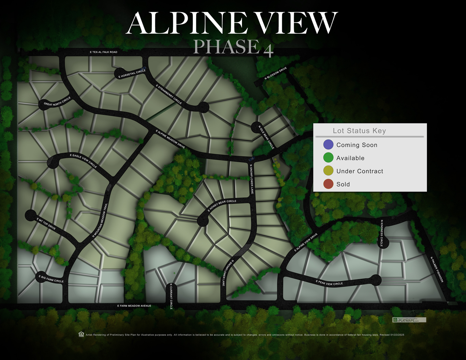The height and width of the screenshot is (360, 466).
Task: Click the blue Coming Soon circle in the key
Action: coord(328,145)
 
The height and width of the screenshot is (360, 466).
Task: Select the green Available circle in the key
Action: coord(328,157)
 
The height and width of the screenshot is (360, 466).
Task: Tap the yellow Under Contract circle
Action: coord(328,171)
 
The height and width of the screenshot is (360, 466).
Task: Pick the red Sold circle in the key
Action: coord(328,184)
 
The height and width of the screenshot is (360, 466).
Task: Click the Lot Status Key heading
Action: coord(359,131)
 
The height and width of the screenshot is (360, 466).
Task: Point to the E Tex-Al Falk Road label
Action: coord(103,52)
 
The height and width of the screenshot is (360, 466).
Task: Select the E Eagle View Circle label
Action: coord(84,161)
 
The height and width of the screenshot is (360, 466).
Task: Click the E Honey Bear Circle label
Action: coord(222,206)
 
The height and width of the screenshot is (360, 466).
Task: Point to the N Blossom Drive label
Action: coord(276,74)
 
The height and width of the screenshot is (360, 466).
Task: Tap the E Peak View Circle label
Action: coord(329,283)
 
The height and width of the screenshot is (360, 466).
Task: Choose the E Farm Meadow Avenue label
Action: coord(134,306)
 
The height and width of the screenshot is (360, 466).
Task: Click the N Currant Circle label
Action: coord(171,296)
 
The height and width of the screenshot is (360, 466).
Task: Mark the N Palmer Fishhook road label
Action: coord(437,269)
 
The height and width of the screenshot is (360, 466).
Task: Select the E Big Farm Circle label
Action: coord(51,279)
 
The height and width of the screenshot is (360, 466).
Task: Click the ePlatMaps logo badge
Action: coord(409,320)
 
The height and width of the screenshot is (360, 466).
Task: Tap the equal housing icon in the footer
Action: coord(81,334)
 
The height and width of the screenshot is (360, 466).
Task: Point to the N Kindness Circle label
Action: coord(381,233)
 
